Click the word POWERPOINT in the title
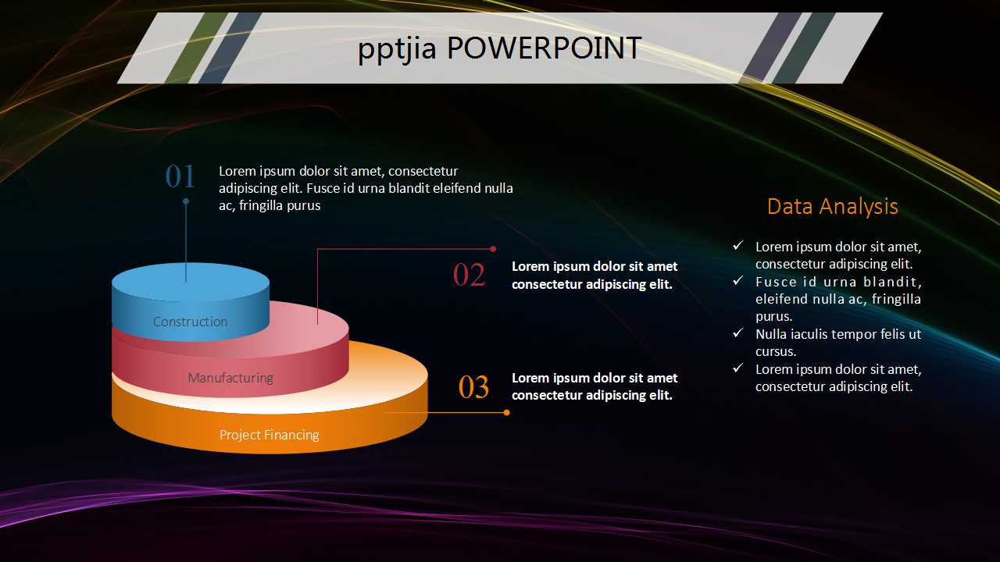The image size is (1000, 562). coord(544,48)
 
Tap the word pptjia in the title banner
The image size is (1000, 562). coord(398,49)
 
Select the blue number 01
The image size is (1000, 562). coord(180,176)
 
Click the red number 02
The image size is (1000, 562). coord(469,275)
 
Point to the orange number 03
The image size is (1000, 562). coord(473,387)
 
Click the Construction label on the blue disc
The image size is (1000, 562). coord(190,322)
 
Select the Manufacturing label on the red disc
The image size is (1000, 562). coord(230,378)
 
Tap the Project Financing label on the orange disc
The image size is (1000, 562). coord(269,435)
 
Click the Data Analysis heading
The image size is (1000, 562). coord(832,206)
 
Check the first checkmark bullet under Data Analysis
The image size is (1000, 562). coord(737,246)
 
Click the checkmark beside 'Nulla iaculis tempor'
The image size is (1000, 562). coord(737,333)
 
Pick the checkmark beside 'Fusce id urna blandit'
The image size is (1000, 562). coord(737,281)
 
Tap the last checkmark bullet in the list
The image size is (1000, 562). coord(737,368)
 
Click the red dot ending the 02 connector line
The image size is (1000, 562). coord(493,249)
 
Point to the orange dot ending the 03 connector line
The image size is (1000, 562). coord(506,412)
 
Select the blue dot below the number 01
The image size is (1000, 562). coord(186,201)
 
